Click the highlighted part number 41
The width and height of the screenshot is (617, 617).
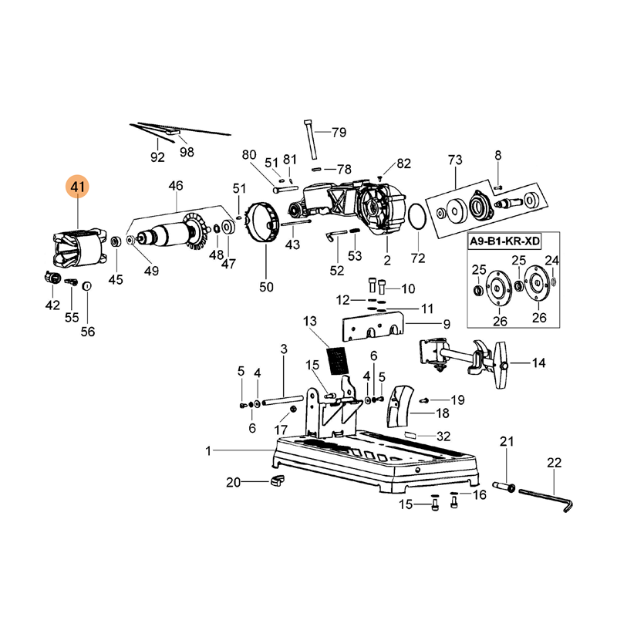pyautogui.click(x=78, y=187)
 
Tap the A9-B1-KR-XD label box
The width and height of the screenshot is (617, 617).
pyautogui.click(x=504, y=241)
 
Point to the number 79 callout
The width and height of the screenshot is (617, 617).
pyautogui.click(x=339, y=132)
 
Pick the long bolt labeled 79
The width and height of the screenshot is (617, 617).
pyautogui.click(x=311, y=140)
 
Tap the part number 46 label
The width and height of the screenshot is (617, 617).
pyautogui.click(x=176, y=185)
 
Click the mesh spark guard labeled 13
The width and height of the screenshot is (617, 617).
pyautogui.click(x=338, y=361)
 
